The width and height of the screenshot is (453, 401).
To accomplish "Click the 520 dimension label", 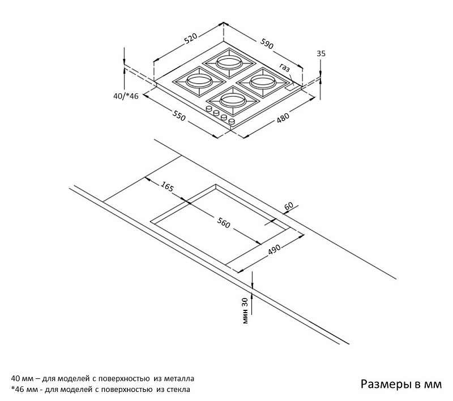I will (x=190, y=38).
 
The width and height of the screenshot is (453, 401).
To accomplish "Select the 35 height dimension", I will (x=321, y=53).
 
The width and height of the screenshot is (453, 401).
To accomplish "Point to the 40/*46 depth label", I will (x=126, y=96).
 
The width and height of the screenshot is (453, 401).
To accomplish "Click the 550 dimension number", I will (x=179, y=118).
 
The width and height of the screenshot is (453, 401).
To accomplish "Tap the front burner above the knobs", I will (x=232, y=101).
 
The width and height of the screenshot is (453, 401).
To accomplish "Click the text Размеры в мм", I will (x=400, y=385).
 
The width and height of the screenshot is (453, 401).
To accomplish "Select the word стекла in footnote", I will (x=177, y=390).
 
